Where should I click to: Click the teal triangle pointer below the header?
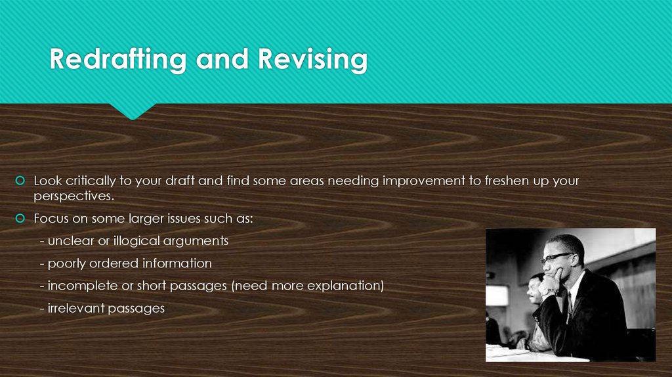(x=132, y=112)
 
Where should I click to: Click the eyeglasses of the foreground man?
(x=556, y=257)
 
